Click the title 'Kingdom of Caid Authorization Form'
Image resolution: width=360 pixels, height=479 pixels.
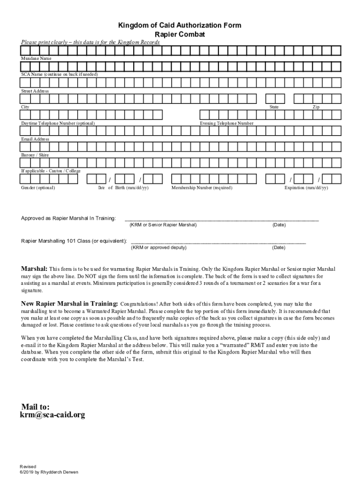pyautogui.click(x=180, y=25)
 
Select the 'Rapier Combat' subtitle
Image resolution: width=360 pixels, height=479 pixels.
pyautogui.click(x=180, y=35)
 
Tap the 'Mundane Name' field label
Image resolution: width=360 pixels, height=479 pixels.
pyautogui.click(x=36, y=58)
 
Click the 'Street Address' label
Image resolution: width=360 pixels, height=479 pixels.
pyautogui.click(x=35, y=91)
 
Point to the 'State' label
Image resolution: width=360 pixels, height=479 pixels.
pyautogui.click(x=274, y=107)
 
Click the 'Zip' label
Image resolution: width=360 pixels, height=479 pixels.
pyautogui.click(x=316, y=107)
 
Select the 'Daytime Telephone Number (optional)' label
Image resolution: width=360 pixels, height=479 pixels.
pyautogui.click(x=58, y=123)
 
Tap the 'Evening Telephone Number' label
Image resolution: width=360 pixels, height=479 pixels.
pyautogui.click(x=227, y=123)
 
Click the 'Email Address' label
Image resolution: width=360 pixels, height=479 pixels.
pyautogui.click(x=35, y=139)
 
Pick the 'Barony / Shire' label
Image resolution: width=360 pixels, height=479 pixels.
pyautogui.click(x=35, y=155)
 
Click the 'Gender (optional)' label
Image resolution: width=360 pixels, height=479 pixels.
pyautogui.click(x=38, y=188)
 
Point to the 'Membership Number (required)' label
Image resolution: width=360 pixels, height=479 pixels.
pyautogui.click(x=202, y=188)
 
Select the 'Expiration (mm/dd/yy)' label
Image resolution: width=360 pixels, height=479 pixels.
pyautogui.click(x=306, y=188)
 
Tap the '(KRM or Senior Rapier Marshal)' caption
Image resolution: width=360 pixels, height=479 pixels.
pyautogui.click(x=163, y=225)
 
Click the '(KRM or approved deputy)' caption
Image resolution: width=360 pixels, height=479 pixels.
pyautogui.click(x=158, y=247)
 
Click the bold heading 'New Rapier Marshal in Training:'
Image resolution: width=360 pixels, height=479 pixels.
pyautogui.click(x=70, y=304)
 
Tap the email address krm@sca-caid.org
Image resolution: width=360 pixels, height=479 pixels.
pyautogui.click(x=52, y=415)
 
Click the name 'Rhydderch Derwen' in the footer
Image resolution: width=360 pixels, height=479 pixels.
pyautogui.click(x=58, y=472)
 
